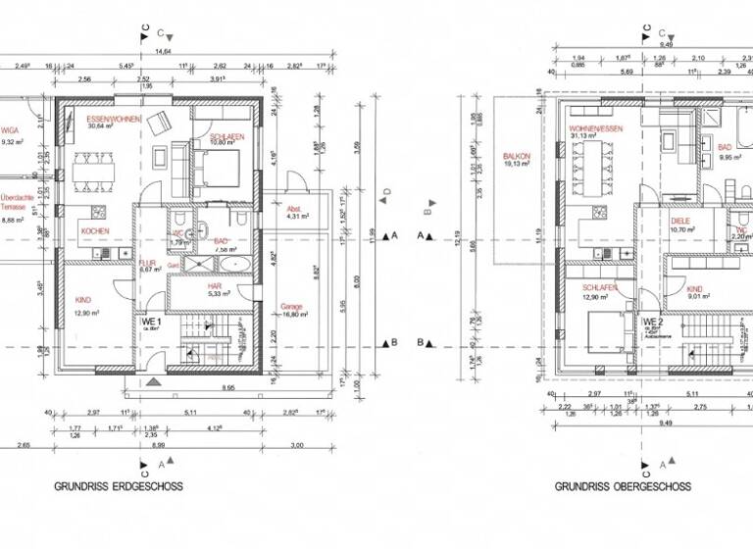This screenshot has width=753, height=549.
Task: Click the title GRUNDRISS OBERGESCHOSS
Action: tap(623, 486)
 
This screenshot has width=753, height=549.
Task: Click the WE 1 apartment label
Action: tap(152, 322)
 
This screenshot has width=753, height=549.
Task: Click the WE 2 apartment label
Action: tap(653, 322)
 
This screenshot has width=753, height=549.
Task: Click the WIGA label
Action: tap(10, 130)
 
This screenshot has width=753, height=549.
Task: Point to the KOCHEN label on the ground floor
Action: tap(95, 231)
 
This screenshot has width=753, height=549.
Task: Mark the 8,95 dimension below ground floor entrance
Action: tap(227, 389)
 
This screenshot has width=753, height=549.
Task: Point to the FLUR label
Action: tap(148, 263)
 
